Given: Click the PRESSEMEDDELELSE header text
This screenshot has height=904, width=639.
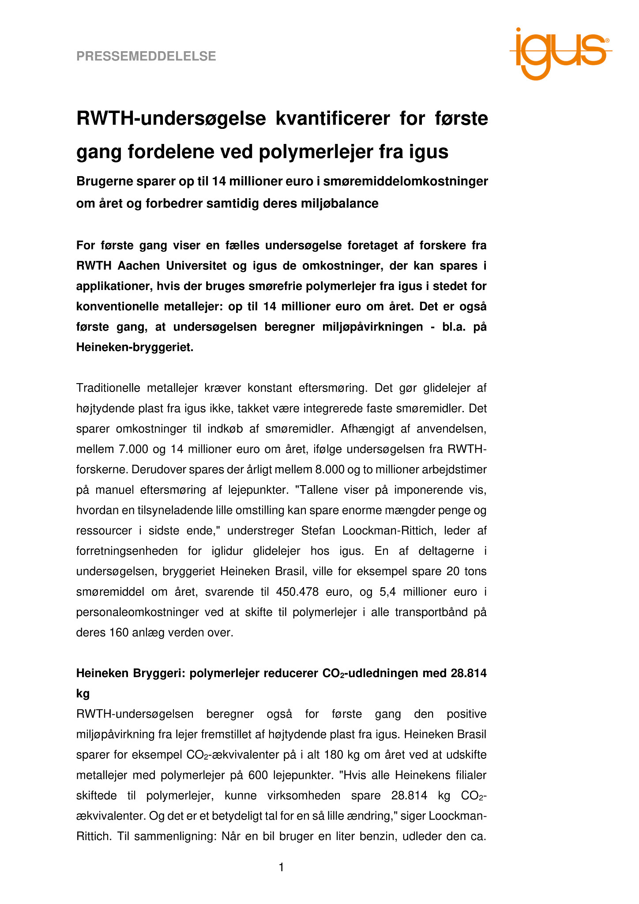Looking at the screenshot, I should pyautogui.click(x=146, y=56).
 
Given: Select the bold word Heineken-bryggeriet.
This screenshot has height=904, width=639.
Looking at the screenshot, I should pyautogui.click(x=135, y=347).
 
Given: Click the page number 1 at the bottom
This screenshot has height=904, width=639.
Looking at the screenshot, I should pyautogui.click(x=282, y=867).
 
